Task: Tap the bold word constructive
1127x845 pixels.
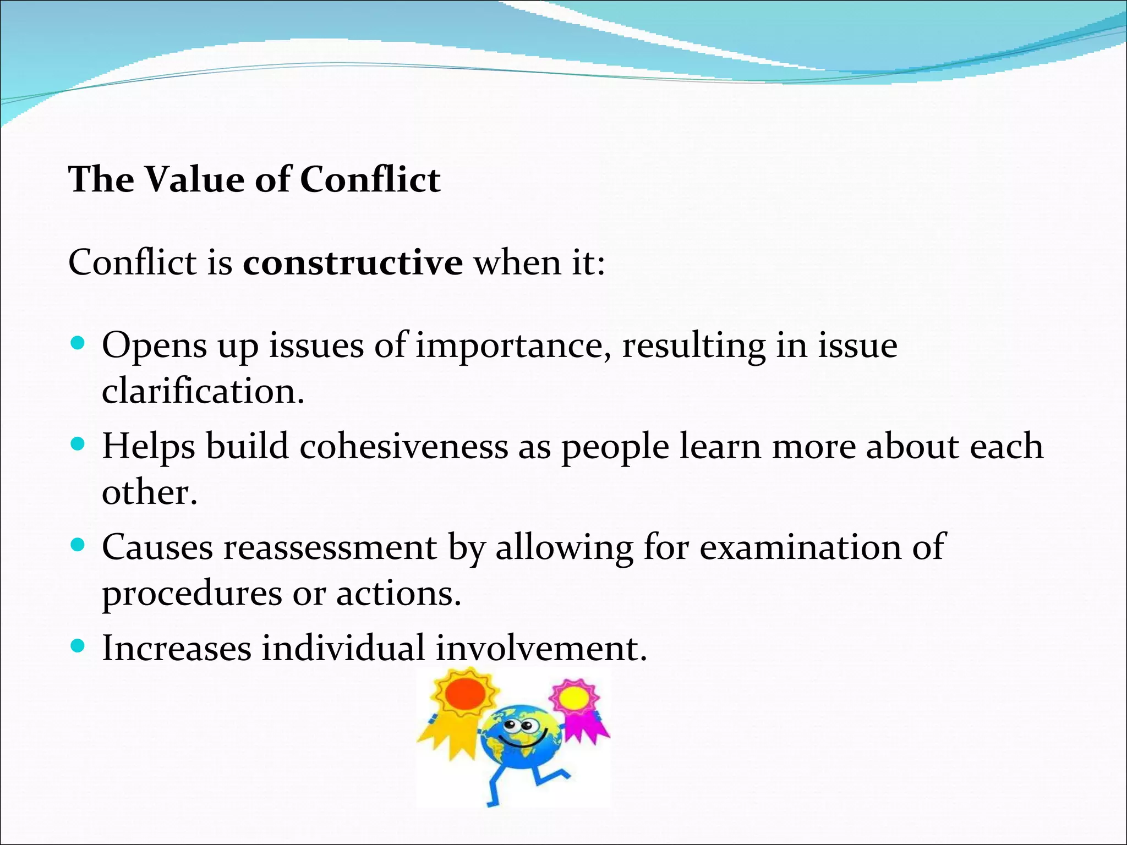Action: pyautogui.click(x=353, y=262)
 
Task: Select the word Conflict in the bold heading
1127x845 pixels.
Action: pyautogui.click(x=370, y=180)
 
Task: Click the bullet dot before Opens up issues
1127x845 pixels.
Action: pyautogui.click(x=78, y=344)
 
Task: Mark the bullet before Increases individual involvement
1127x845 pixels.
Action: pyautogui.click(x=78, y=646)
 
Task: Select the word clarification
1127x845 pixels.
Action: pyautogui.click(x=203, y=392)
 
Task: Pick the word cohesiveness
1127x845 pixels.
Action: pyautogui.click(x=404, y=446)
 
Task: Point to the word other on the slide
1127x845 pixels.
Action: pyautogui.click(x=149, y=492)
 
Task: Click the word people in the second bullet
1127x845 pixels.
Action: pyautogui.click(x=615, y=446)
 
